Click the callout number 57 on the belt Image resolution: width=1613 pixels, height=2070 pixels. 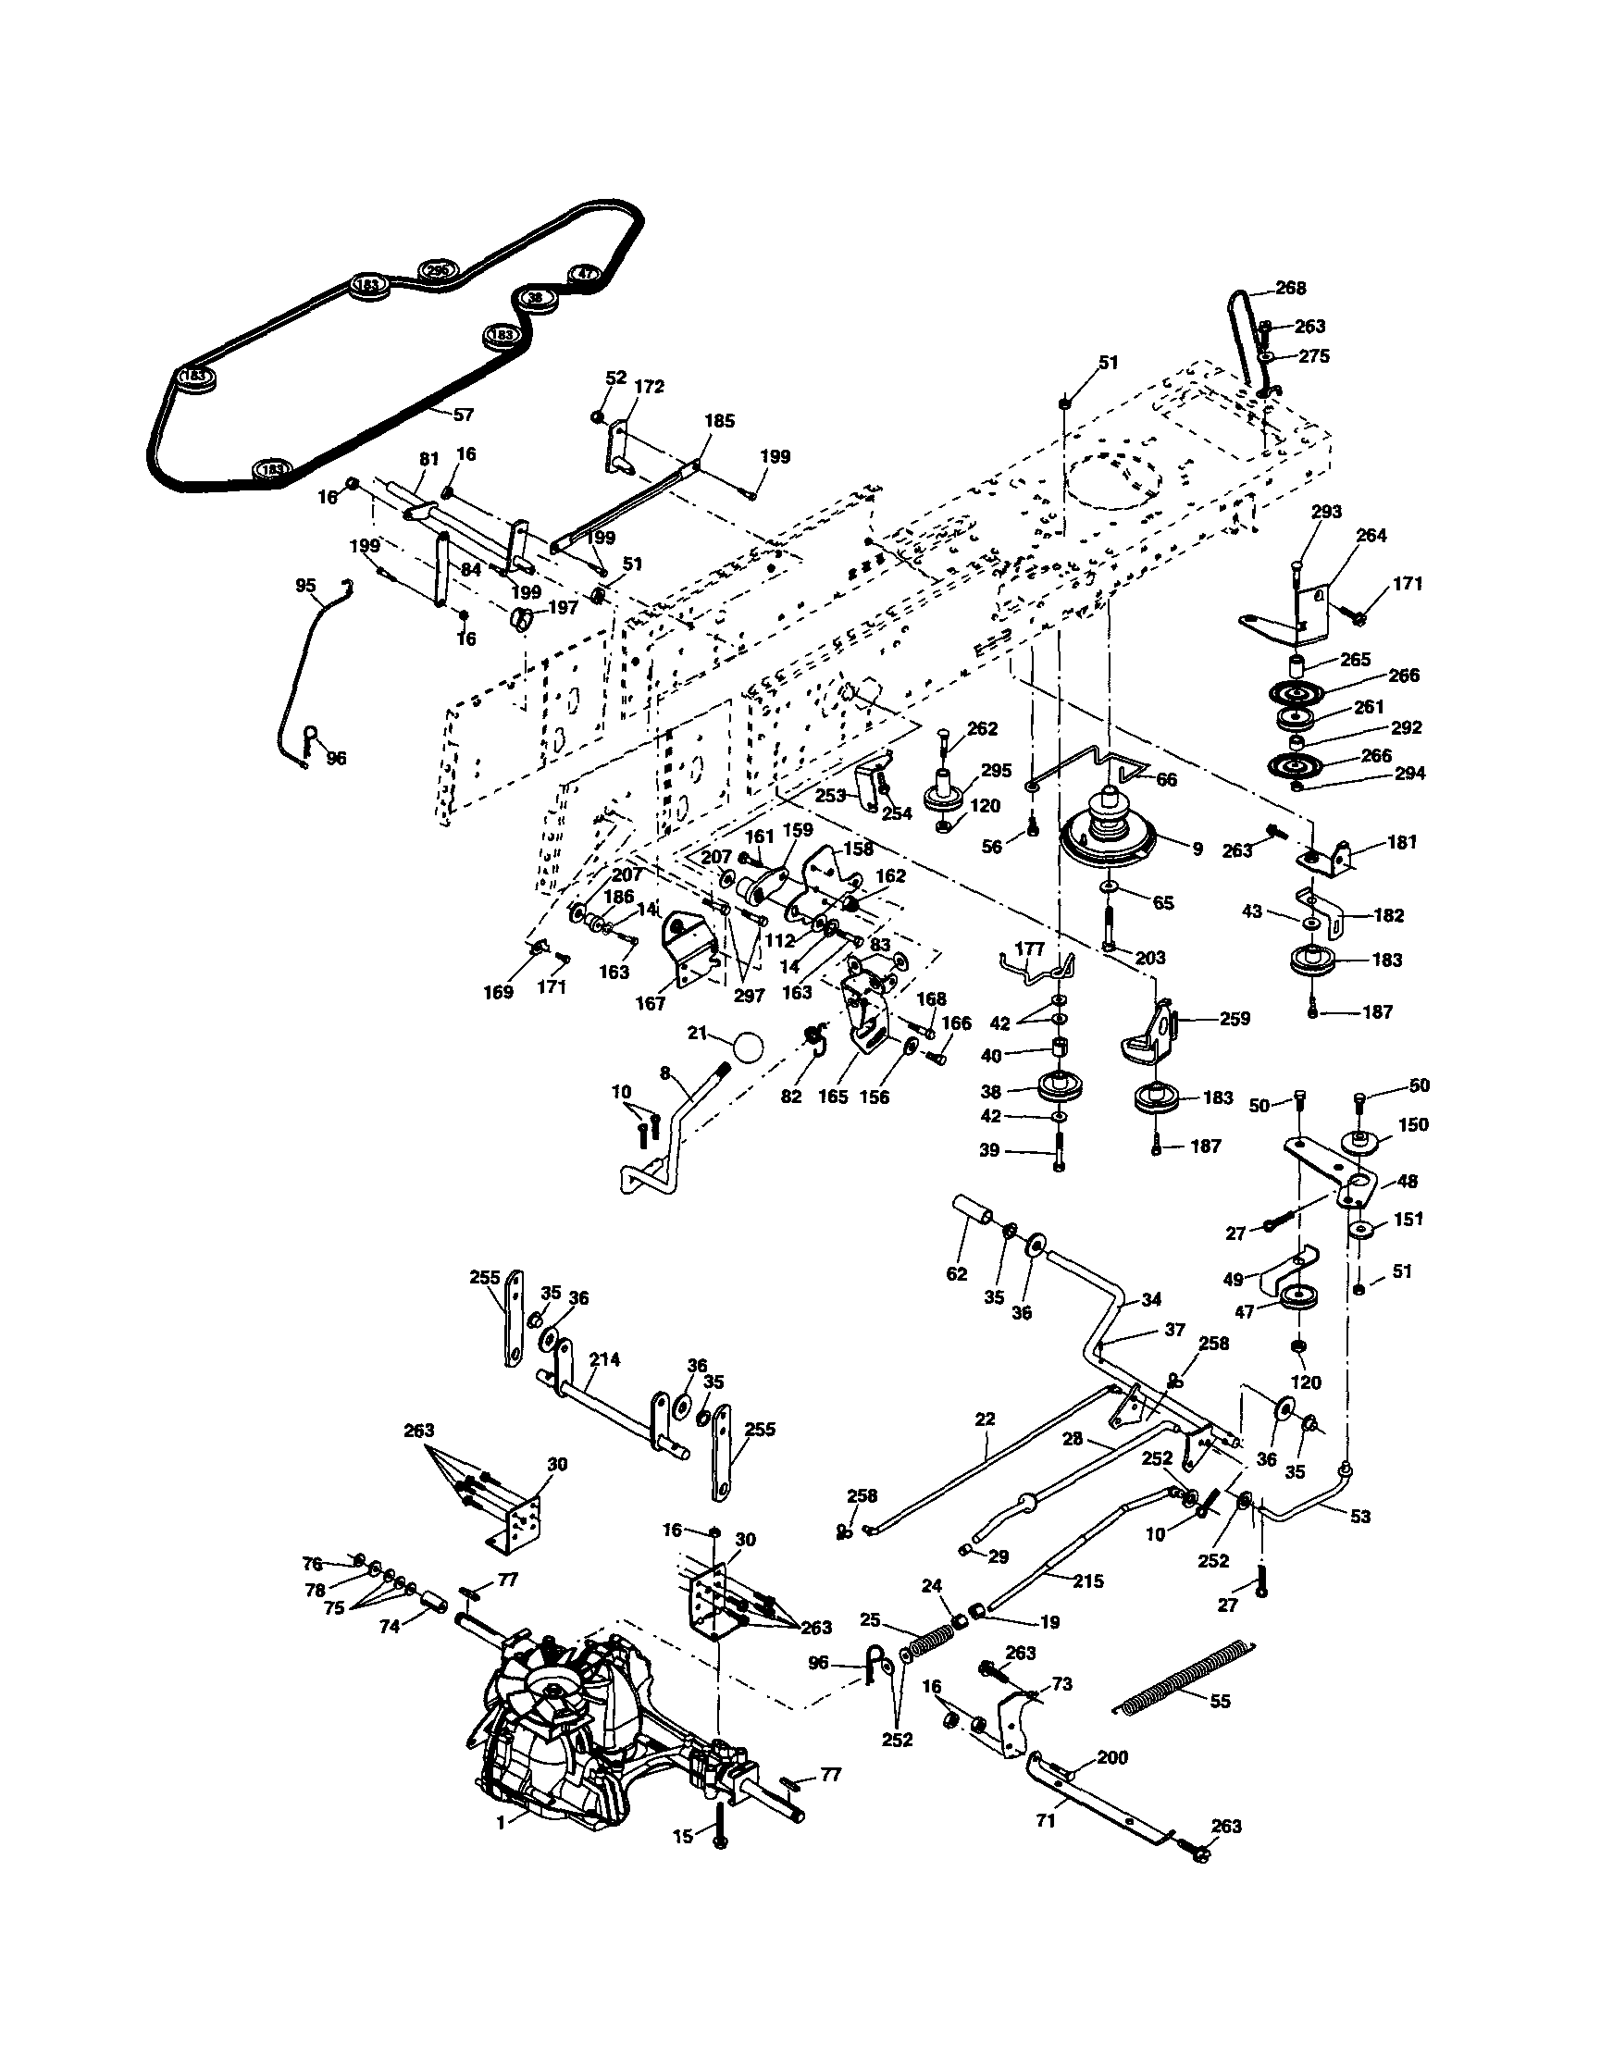coord(465,415)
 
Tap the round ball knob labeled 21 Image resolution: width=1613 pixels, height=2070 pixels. coord(748,1048)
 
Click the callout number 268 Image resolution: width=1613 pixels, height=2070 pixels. coord(1291,288)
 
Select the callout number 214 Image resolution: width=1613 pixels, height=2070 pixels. coord(603,1359)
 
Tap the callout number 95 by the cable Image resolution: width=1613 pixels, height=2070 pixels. coord(305,586)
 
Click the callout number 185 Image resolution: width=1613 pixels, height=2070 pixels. coord(719,421)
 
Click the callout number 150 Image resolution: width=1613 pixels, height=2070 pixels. coord(1412,1124)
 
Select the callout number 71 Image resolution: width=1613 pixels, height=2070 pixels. coord(1046,1822)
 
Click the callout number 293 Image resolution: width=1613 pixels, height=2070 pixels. coord(1326,512)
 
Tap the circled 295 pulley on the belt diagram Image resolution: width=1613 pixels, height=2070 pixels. coord(436,270)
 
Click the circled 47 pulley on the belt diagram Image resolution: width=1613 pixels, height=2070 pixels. coord(585,273)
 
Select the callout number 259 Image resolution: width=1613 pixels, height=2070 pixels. coord(1235,1019)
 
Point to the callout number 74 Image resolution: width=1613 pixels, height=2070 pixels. coord(390,1625)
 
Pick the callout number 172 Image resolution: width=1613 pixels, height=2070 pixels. coord(651,387)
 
